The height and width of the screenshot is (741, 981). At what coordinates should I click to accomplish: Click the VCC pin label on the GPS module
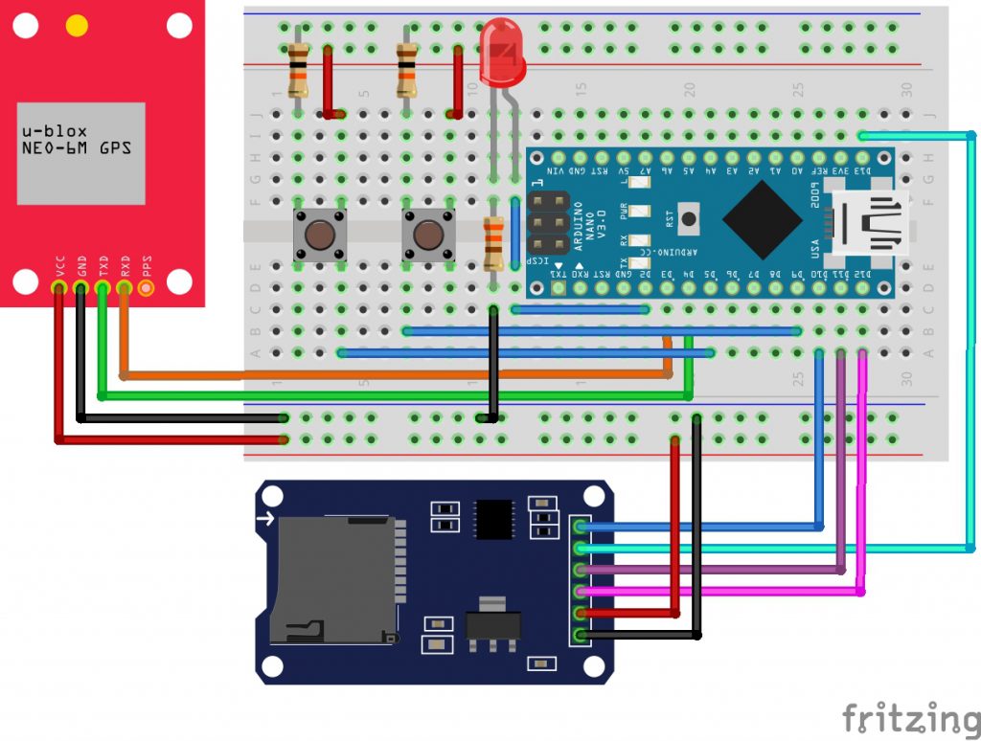[60, 264]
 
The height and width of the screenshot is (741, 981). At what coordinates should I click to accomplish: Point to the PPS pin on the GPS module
[146, 285]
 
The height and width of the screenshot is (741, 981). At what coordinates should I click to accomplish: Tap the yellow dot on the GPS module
[77, 26]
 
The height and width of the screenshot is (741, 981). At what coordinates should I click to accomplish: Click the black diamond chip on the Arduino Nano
[762, 218]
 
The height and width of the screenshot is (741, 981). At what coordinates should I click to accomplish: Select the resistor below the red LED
[493, 244]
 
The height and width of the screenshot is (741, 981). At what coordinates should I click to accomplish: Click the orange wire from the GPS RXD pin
[383, 373]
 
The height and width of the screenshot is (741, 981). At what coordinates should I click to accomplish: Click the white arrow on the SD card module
[265, 520]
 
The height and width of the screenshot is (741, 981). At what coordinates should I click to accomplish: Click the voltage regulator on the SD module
[491, 623]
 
